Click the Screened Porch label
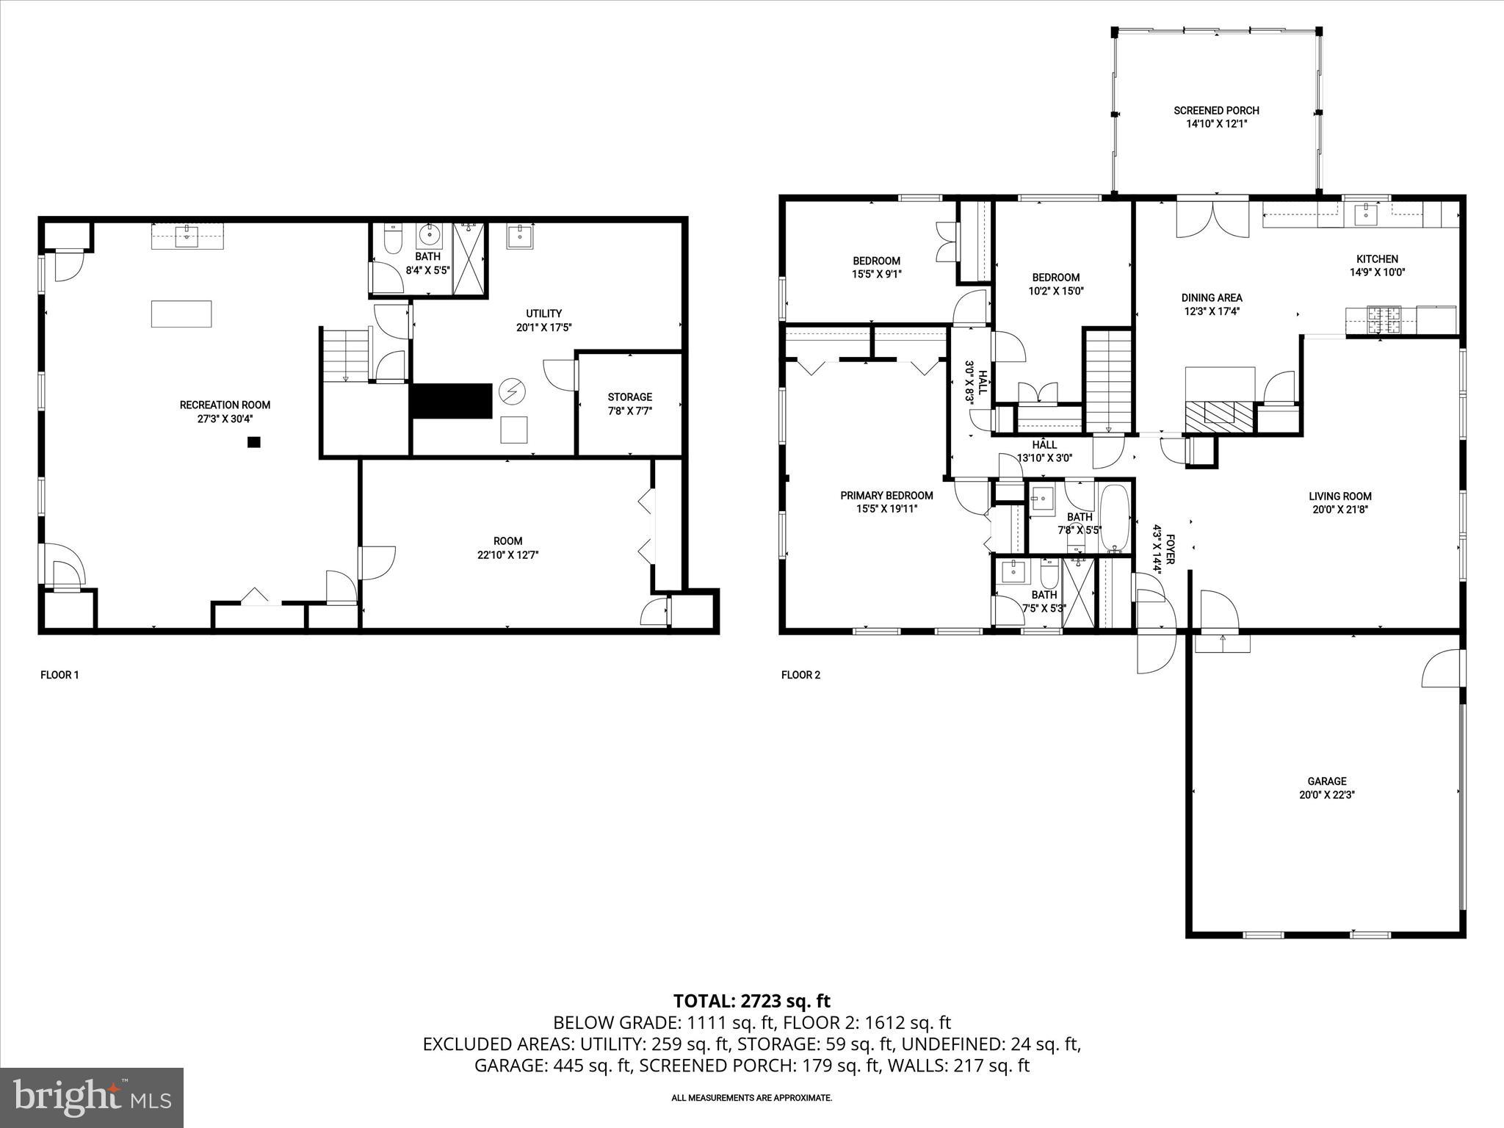[1216, 111]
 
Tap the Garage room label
[1326, 781]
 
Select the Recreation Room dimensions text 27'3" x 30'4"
[225, 419]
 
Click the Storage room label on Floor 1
[629, 397]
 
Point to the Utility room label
[543, 314]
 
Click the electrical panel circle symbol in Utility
[509, 391]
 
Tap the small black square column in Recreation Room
[254, 442]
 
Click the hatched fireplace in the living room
[1219, 416]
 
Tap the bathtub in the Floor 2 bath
[1116, 518]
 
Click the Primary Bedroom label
[886, 496]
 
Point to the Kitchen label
[1376, 259]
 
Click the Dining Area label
[1212, 298]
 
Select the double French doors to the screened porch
[1212, 217]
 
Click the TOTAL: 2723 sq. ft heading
[751, 1000]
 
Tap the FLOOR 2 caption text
[800, 675]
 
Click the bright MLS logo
[92, 1097]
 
